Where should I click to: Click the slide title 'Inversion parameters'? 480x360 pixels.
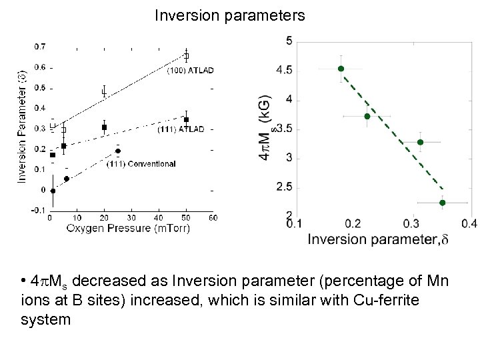(230, 15)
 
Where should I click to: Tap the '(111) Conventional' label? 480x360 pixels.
(141, 164)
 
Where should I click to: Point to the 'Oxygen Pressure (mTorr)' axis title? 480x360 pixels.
(128, 229)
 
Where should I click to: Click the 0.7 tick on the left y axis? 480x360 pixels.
(40, 47)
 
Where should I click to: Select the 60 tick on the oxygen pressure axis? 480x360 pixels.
(212, 217)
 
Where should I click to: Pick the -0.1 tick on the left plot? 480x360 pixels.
(39, 211)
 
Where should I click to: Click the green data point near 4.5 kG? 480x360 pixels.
(341, 69)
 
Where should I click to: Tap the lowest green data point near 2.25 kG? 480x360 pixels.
(442, 203)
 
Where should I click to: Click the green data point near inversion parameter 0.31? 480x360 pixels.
(420, 142)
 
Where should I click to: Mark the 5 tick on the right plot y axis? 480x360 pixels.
(288, 41)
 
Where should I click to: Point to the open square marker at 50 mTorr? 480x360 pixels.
(186, 55)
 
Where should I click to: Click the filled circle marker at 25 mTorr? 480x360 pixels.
(118, 151)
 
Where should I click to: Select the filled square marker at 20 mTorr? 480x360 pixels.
(105, 127)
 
